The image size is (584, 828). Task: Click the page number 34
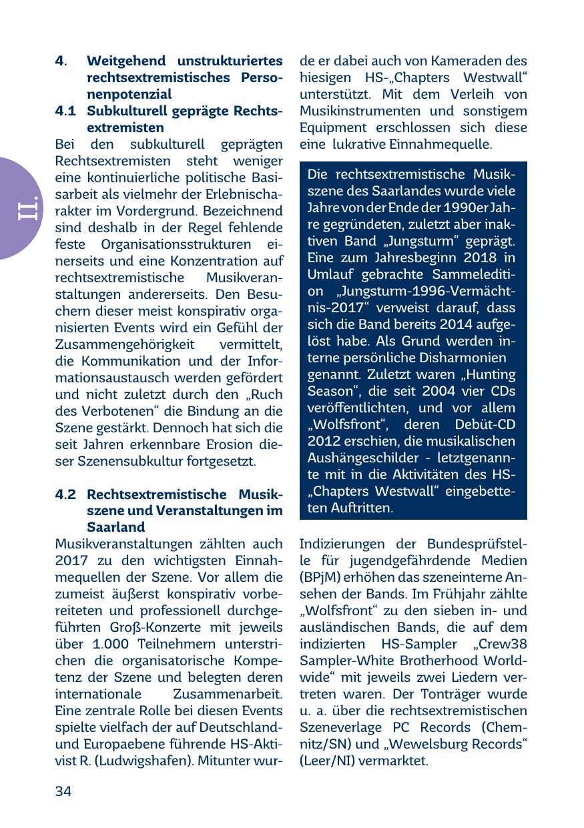[63, 791]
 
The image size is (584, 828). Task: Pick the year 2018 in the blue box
[482, 258]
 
